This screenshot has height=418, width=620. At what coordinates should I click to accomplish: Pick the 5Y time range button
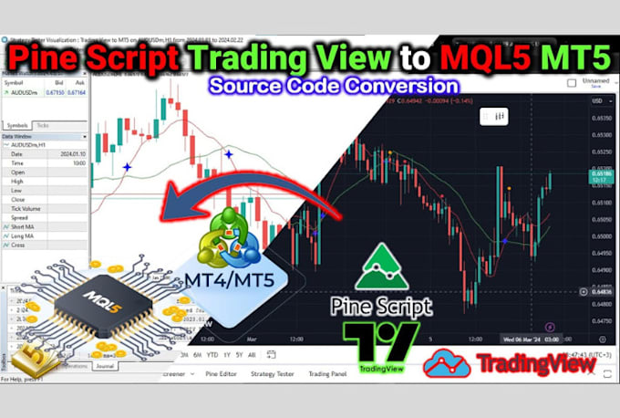click(x=238, y=355)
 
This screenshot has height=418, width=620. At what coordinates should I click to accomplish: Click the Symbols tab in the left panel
click(x=17, y=124)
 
